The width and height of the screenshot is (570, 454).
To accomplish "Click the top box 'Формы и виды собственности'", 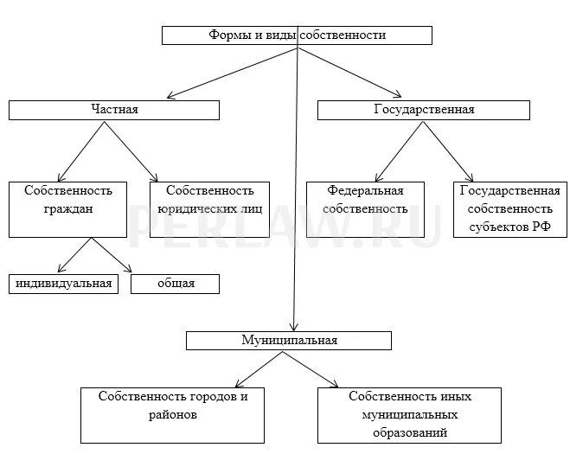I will coord(297,35).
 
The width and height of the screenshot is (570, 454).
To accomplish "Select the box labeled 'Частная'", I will coord(114,110).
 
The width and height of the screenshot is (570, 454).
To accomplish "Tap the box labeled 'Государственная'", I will coord(423,110).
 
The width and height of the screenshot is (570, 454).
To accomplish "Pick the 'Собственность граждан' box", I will coord(67,208).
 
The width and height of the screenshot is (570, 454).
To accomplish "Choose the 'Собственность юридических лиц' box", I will coord(209,208).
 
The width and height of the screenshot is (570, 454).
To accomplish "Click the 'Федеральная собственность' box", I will coord(366,208).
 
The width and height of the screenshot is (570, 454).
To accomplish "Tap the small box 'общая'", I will coord(176,284).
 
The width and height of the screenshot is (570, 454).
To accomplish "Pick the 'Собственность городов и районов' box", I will coord(173,414).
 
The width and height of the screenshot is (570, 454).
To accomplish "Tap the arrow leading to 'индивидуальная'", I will coord(74,256).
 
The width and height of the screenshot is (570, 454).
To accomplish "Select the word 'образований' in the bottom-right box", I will coord(411,432).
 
